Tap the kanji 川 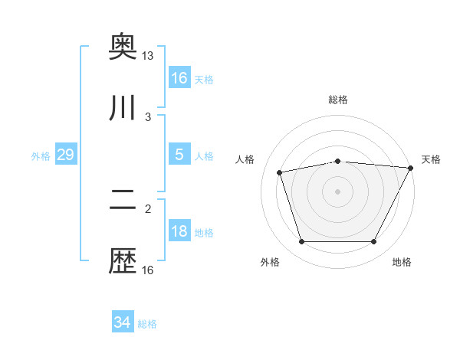123,107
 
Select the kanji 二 123,200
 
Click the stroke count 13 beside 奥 147,56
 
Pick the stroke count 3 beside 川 148,116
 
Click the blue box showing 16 179,77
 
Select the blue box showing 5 179,155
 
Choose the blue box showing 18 179,231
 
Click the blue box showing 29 65,155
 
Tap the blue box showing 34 123,322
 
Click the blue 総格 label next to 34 148,324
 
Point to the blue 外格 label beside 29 41,156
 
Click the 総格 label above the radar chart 337,100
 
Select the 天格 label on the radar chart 431,159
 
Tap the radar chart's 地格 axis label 402,263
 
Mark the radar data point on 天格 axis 412,168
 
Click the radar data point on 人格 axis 280,172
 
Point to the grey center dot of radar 337,191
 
